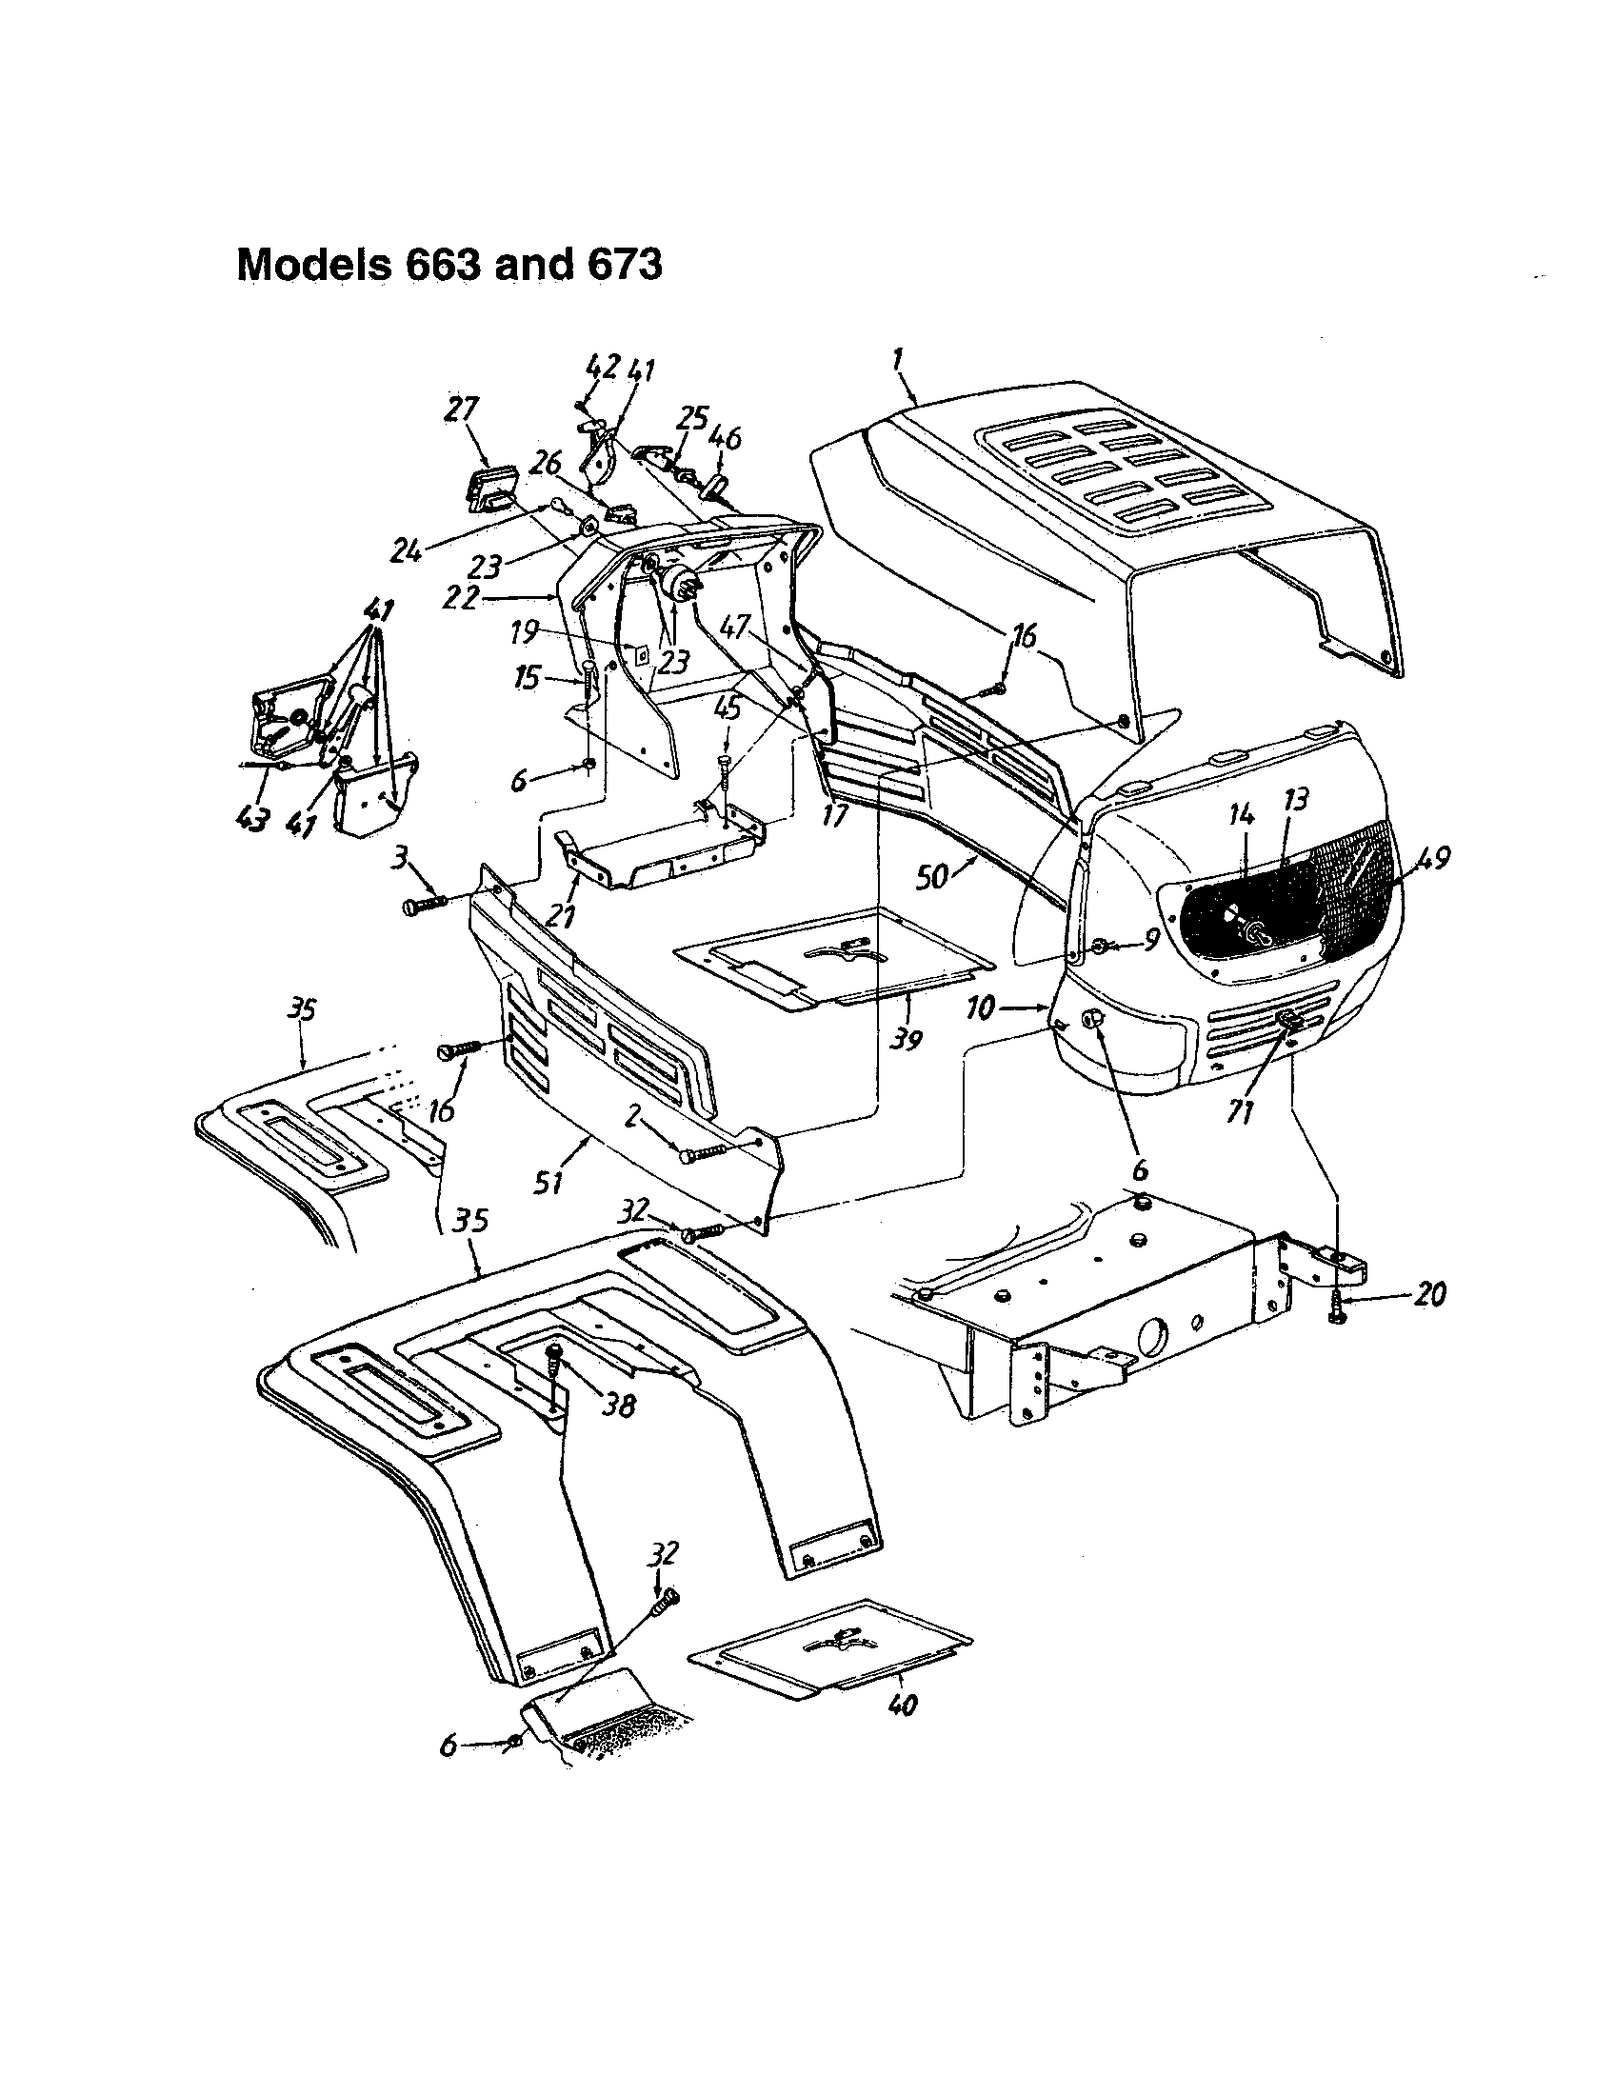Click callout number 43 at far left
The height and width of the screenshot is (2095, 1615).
click(251, 821)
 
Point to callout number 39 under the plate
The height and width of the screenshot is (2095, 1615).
click(905, 1037)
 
